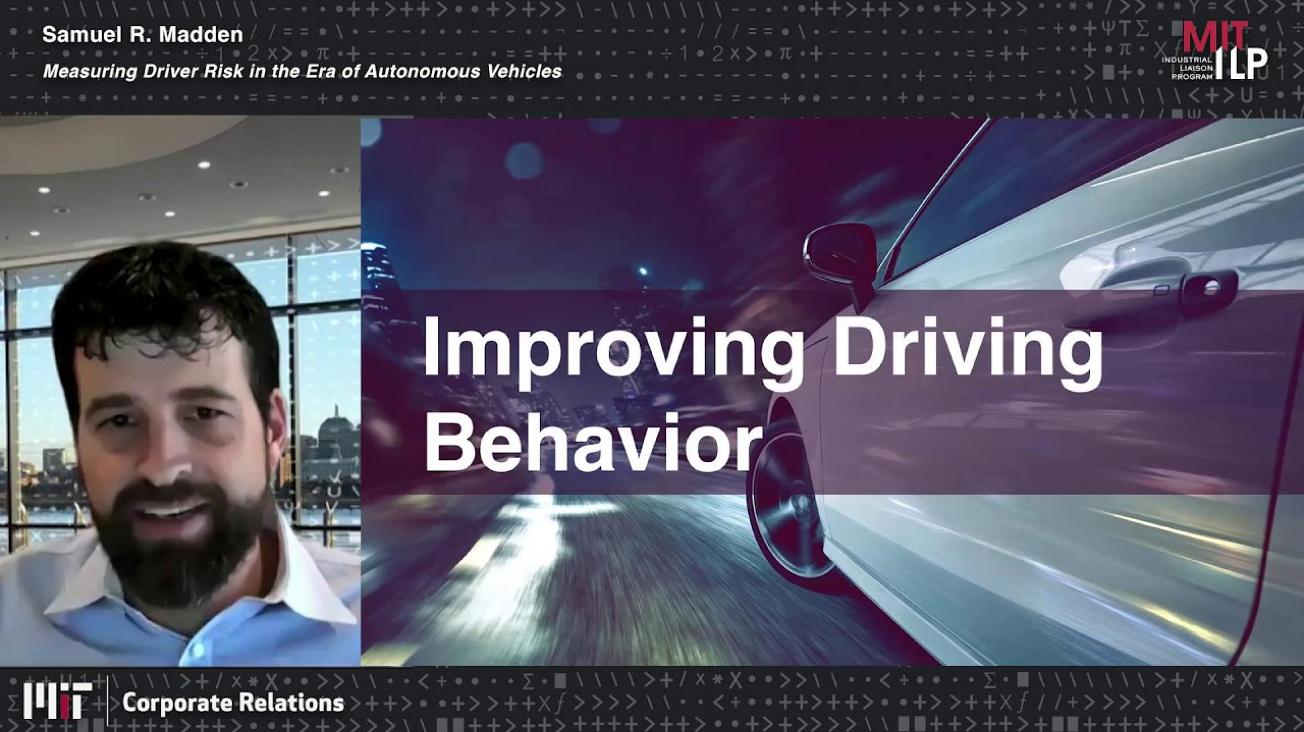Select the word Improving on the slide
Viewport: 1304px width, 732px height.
tap(613, 349)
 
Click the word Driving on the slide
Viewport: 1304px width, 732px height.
tap(967, 349)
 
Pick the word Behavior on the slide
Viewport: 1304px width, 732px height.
tap(593, 443)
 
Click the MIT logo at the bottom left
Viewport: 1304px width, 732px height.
tap(58, 701)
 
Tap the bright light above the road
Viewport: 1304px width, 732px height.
tap(644, 270)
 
